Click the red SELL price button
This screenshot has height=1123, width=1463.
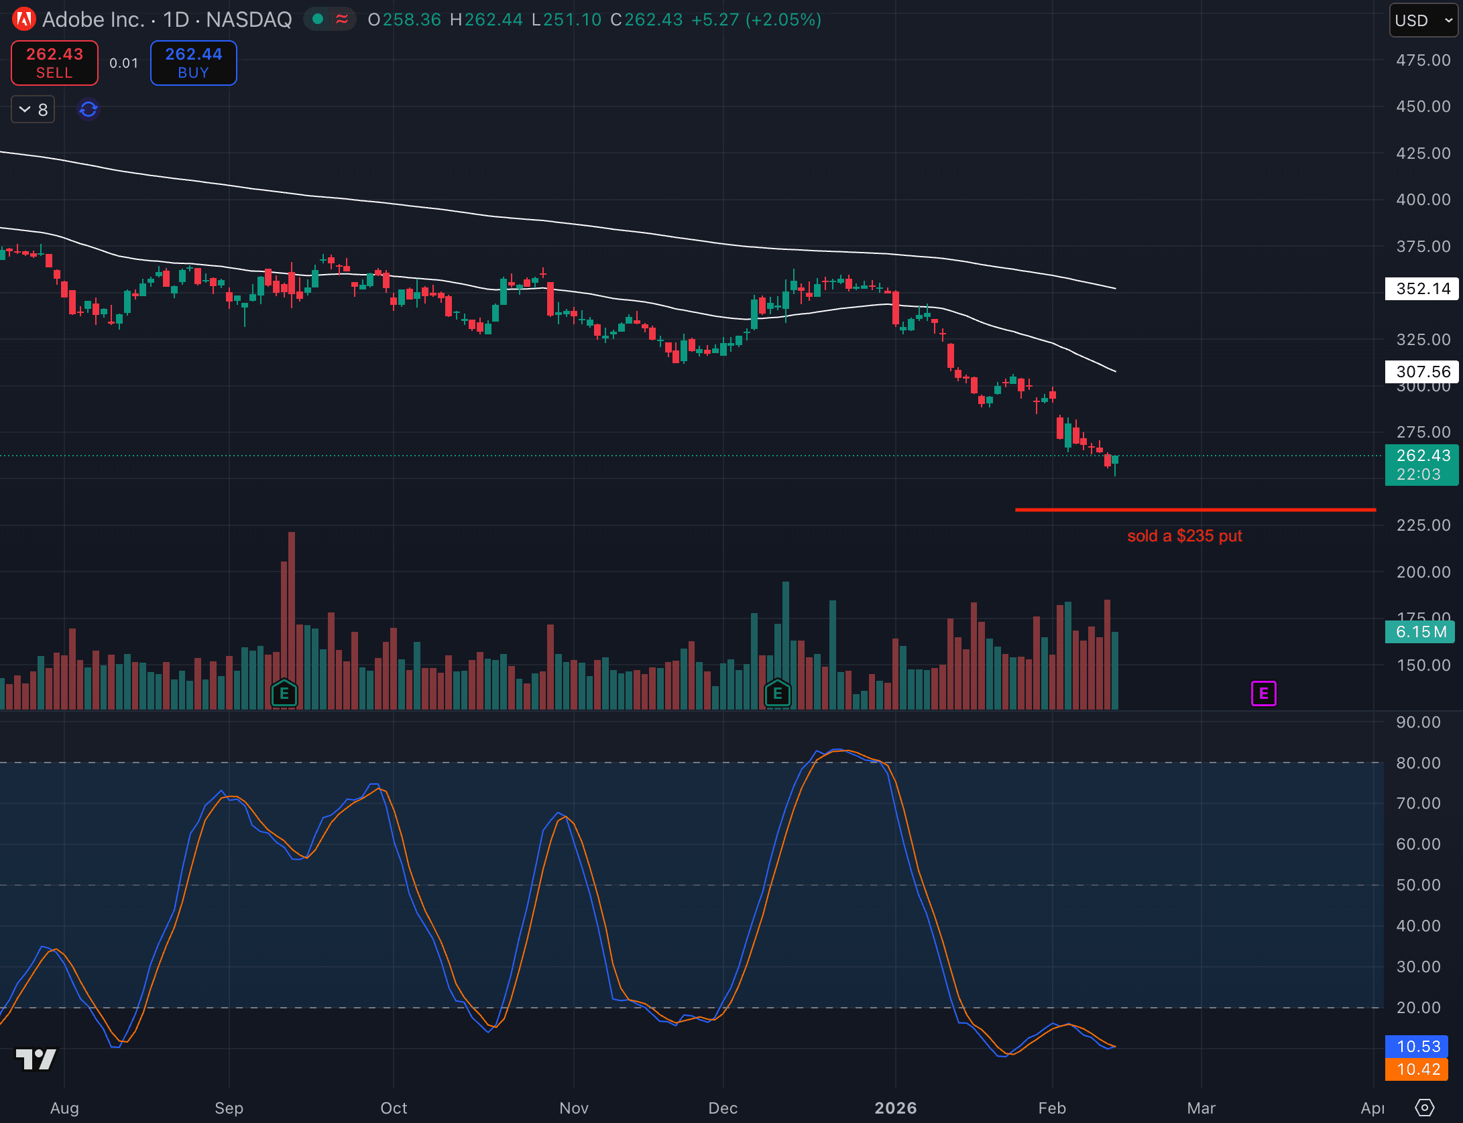pos(54,63)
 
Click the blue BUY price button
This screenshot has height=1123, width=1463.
pos(193,63)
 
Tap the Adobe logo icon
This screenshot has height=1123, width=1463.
pos(24,19)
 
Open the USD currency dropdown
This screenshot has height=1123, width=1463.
pos(1423,20)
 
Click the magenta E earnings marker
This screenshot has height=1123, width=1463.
pos(1263,693)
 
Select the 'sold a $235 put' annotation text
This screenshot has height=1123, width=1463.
pos(1184,536)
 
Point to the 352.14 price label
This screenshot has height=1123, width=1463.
pos(1422,289)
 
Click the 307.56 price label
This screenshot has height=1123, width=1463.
pos(1422,371)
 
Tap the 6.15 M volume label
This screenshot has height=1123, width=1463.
pos(1420,632)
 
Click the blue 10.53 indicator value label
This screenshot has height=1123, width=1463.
pos(1418,1046)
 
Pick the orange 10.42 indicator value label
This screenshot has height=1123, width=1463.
pos(1418,1069)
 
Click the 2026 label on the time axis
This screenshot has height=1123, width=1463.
pos(895,1108)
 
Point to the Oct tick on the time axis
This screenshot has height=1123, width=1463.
pos(394,1108)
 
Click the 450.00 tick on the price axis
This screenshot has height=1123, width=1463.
pos(1423,107)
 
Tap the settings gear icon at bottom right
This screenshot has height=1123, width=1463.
pos(1424,1108)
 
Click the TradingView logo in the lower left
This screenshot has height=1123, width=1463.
pos(36,1059)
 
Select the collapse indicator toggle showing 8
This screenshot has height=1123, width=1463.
pos(33,109)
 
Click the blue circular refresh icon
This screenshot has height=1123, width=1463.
pos(89,109)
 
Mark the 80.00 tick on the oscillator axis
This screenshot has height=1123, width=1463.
pos(1418,763)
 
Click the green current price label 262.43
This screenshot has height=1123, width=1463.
pos(1421,464)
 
